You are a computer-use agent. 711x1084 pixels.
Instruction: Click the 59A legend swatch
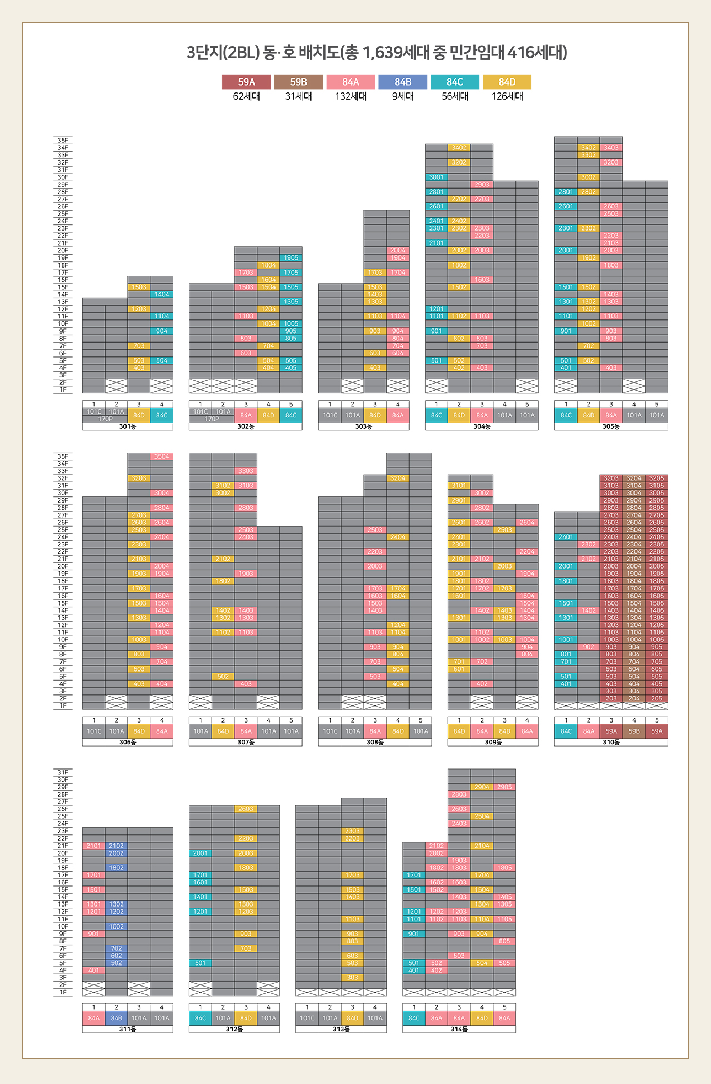(246, 82)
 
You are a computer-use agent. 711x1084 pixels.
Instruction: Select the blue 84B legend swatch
(402, 82)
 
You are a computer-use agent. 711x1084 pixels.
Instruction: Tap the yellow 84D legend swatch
(507, 82)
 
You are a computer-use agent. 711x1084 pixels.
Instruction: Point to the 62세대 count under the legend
(246, 96)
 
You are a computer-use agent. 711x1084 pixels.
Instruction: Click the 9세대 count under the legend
(402, 96)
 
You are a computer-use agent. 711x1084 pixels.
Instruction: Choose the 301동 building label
(128, 426)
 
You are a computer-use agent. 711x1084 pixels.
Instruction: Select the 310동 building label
(611, 742)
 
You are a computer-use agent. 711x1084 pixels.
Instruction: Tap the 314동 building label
(459, 1029)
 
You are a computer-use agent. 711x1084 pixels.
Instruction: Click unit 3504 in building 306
(162, 456)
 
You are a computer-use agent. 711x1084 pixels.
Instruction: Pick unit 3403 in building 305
(611, 148)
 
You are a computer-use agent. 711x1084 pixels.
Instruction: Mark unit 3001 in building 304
(436, 177)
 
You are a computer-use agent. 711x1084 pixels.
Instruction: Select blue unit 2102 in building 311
(116, 846)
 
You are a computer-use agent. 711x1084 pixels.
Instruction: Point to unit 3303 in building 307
(245, 471)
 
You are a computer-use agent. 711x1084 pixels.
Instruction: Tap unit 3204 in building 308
(397, 478)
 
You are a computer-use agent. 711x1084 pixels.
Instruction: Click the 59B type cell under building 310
(634, 731)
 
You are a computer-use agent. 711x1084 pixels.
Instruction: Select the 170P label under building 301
(105, 419)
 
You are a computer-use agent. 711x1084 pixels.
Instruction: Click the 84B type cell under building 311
(116, 1018)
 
